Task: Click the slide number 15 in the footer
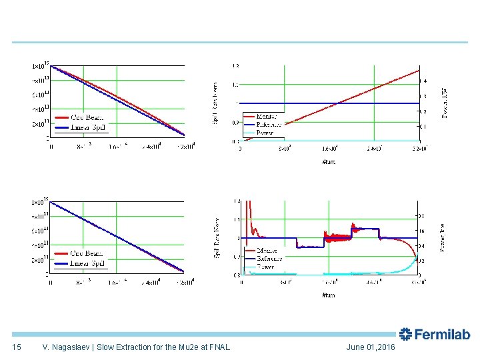[17, 347]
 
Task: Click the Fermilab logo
[435, 335]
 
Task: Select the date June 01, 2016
[371, 347]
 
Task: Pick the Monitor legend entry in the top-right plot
[268, 116]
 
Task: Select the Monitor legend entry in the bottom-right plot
[268, 251]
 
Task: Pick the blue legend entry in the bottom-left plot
[89, 263]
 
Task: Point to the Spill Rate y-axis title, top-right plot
[215, 103]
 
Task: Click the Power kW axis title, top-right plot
[445, 102]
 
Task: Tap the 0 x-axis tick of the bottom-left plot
[50, 281]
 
